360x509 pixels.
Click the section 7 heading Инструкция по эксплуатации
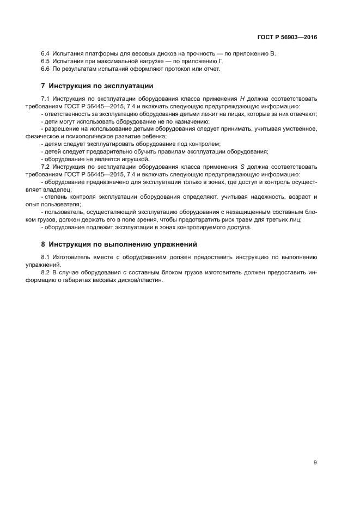(97, 85)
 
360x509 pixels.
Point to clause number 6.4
(46, 54)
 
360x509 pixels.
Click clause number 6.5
(46, 62)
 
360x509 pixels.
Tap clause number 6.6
(46, 69)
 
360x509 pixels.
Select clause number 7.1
(46, 99)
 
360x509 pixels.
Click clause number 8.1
(46, 256)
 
